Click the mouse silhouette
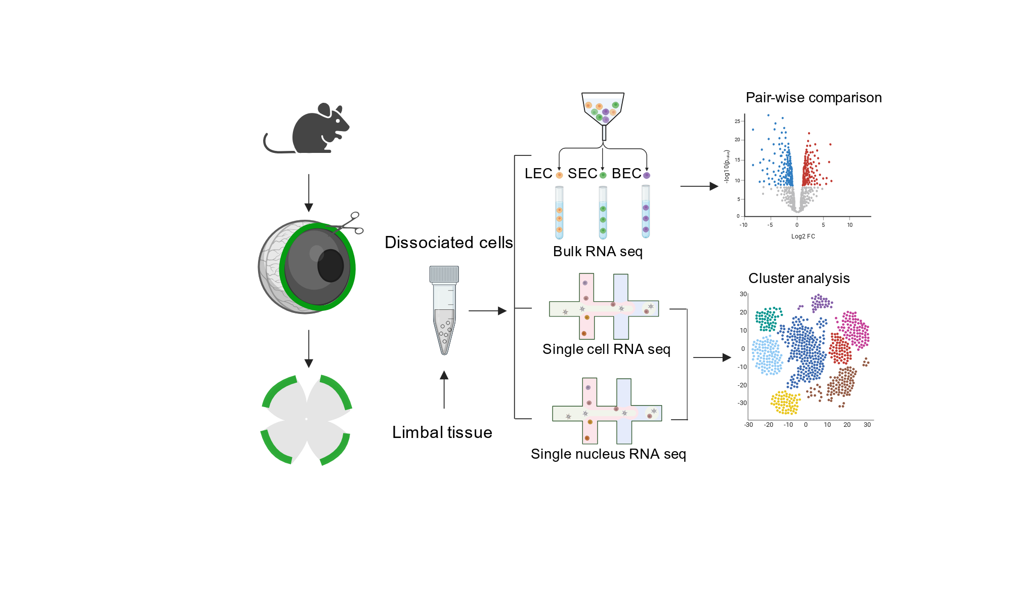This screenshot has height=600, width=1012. pyautogui.click(x=309, y=129)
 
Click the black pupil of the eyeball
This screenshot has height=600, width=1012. pyautogui.click(x=330, y=265)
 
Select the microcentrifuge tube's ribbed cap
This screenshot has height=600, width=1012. pyautogui.click(x=444, y=274)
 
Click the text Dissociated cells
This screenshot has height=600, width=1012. pyautogui.click(x=449, y=243)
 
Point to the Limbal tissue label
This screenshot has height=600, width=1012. pyautogui.click(x=442, y=432)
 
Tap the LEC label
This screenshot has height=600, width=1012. pyautogui.click(x=538, y=174)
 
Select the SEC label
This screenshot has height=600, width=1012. pyautogui.click(x=582, y=174)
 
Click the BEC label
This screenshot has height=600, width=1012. pyautogui.click(x=626, y=174)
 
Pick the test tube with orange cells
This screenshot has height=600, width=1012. pyautogui.click(x=559, y=213)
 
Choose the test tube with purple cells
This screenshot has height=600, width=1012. pyautogui.click(x=646, y=212)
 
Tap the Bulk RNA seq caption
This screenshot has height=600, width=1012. pyautogui.click(x=598, y=252)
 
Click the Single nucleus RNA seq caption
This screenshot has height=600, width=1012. pyautogui.click(x=608, y=454)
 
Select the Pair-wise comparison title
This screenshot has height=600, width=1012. pyautogui.click(x=814, y=98)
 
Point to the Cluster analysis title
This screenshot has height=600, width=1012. pyautogui.click(x=799, y=278)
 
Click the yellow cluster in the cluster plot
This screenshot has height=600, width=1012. pyautogui.click(x=785, y=403)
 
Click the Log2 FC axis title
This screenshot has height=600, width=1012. pyautogui.click(x=803, y=236)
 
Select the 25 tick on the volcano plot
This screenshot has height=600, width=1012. pyautogui.click(x=737, y=122)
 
